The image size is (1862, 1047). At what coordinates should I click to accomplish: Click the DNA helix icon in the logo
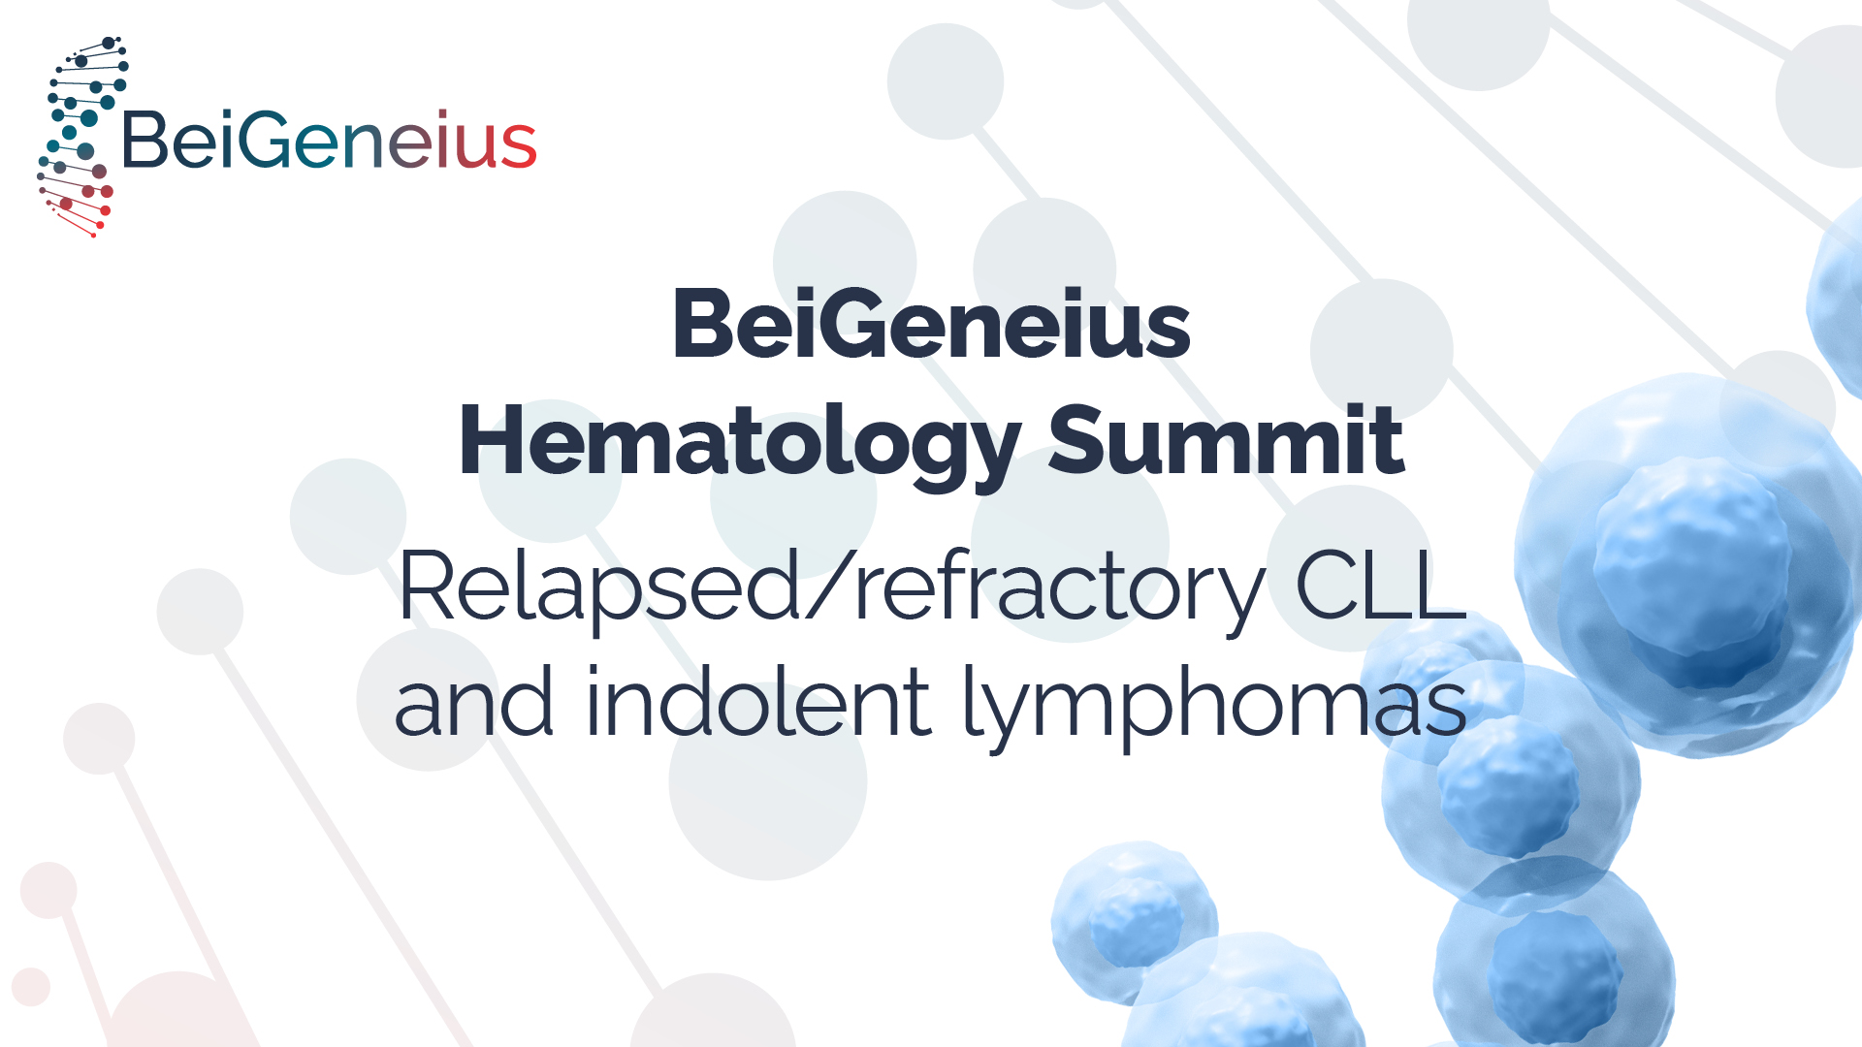click(82, 137)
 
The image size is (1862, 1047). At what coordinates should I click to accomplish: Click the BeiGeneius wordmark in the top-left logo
click(329, 141)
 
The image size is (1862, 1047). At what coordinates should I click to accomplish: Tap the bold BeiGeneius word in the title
click(931, 324)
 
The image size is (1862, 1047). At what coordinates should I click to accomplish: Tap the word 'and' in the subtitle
click(473, 701)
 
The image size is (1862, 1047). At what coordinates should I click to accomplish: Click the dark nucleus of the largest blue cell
click(1692, 572)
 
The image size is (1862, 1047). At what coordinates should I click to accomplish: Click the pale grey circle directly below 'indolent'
click(767, 781)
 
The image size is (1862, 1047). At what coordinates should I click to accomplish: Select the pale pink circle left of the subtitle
click(99, 739)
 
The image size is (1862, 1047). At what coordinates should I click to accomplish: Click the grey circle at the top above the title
click(946, 81)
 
